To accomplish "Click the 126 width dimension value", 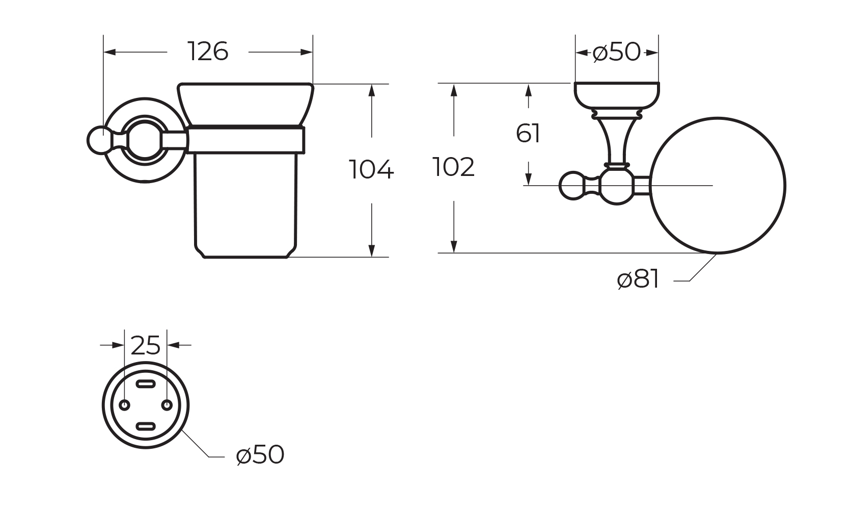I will point(208,52).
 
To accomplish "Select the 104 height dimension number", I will point(371,170).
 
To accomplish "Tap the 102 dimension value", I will point(453,167).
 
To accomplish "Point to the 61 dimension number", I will point(528,134).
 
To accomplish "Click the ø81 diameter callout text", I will point(638,279).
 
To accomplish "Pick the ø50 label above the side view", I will point(617,52).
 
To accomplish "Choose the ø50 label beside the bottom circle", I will point(260,454).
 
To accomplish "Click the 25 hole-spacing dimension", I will point(146,346).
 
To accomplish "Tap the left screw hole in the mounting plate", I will point(124,404).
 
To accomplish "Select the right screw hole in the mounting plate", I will point(167,404).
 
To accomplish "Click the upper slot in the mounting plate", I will point(146,384).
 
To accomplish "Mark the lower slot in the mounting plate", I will point(146,426).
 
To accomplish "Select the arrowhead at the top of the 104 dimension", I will point(372,90).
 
